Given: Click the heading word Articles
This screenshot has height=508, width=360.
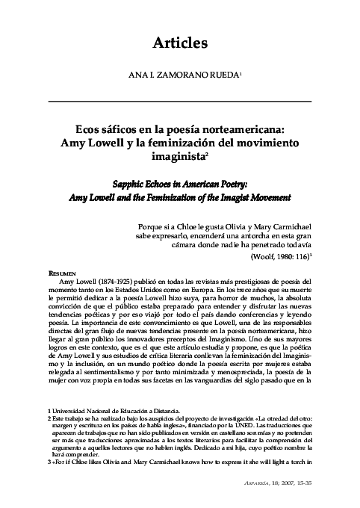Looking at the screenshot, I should click(179, 43).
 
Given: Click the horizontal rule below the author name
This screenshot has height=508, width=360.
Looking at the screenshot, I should click(179, 100).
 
